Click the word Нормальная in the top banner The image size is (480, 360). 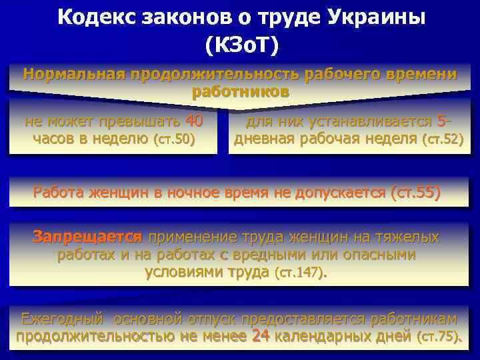click(x=74, y=74)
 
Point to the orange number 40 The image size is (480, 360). click(x=193, y=121)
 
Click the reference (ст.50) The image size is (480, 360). click(x=174, y=139)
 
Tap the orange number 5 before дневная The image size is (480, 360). click(x=442, y=121)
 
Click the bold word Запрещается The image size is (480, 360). click(x=88, y=237)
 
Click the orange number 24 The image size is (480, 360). click(x=260, y=337)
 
